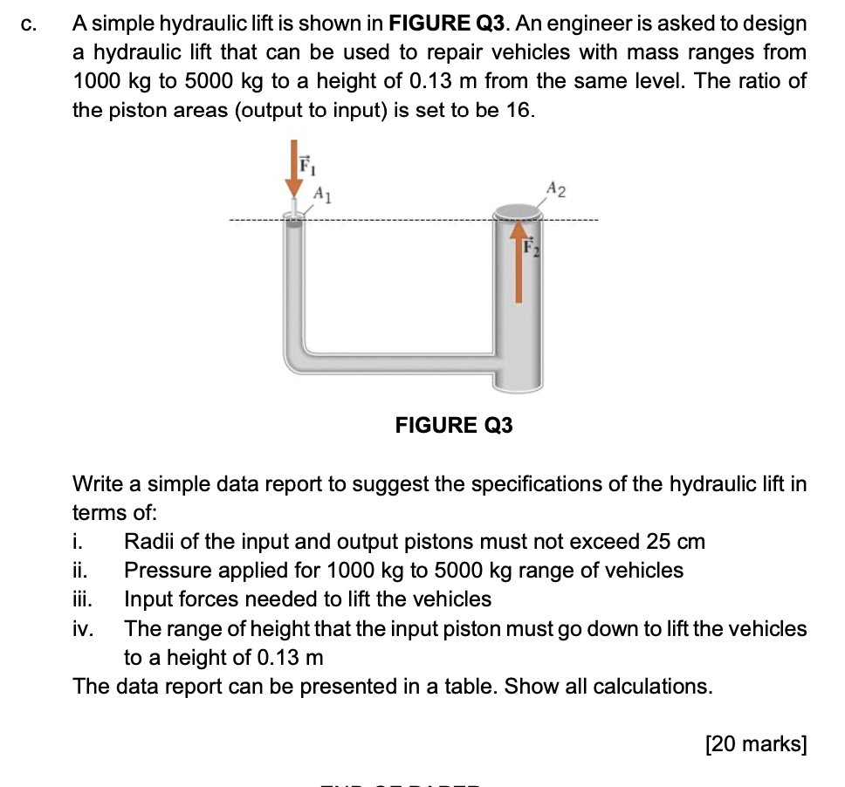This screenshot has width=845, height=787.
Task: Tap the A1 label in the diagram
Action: [321, 192]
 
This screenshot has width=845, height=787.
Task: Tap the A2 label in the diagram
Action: [557, 188]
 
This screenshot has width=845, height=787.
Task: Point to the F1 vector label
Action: [305, 163]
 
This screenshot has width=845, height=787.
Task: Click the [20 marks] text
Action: [756, 743]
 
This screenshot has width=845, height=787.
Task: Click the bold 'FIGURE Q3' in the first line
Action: [454, 24]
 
